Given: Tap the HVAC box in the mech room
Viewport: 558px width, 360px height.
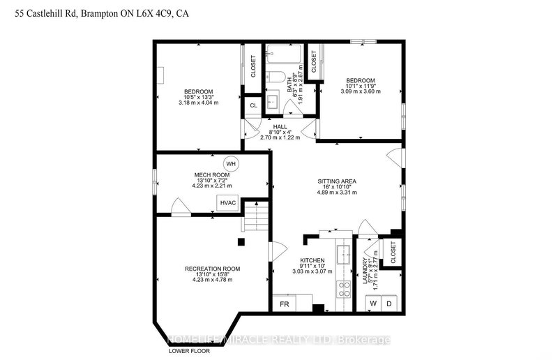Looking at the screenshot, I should coord(228,203).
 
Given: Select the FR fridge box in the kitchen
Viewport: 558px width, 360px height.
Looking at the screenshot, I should coord(285,304).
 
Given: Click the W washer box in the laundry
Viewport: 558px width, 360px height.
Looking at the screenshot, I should coord(373,303).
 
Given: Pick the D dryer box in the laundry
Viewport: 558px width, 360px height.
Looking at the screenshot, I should coord(390,303).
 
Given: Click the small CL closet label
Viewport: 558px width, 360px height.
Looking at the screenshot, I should coord(254,105).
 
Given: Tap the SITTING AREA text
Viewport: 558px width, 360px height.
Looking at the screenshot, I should coord(338,181).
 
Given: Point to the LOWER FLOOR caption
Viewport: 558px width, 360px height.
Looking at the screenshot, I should coord(188,351).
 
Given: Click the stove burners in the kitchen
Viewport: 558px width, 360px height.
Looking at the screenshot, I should coord(343,289).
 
